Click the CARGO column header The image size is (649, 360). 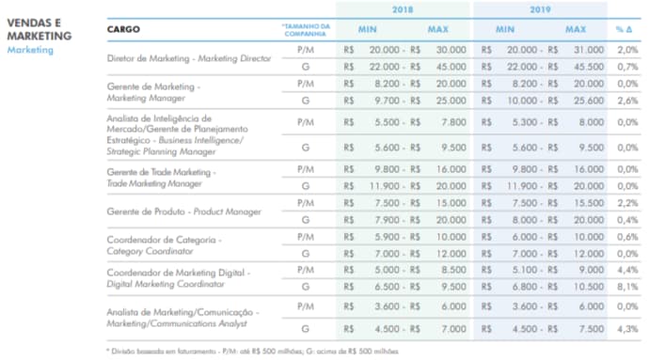pyautogui.click(x=126, y=30)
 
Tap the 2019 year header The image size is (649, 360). pyautogui.click(x=540, y=10)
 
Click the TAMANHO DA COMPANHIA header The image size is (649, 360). pyautogui.click(x=306, y=30)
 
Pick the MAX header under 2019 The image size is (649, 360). pyautogui.click(x=576, y=30)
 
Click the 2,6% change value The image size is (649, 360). pyautogui.click(x=626, y=100)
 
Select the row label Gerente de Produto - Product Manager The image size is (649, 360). pyautogui.click(x=185, y=211)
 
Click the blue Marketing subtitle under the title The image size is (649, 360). pyautogui.click(x=30, y=50)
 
